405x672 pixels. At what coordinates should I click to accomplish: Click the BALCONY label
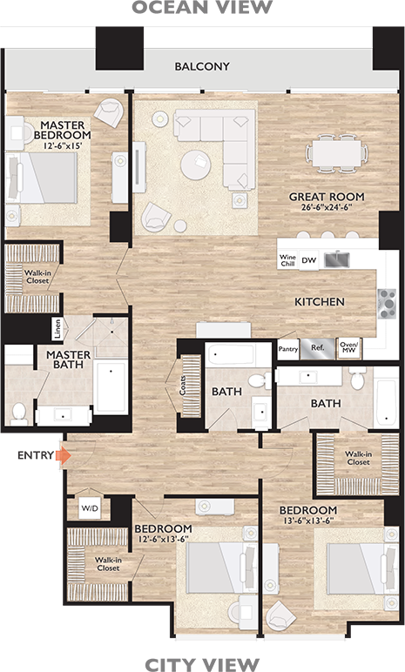[202, 66]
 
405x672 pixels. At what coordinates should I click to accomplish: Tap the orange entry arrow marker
[60, 454]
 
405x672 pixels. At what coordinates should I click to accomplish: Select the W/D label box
[90, 508]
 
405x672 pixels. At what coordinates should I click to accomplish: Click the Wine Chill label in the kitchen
[287, 260]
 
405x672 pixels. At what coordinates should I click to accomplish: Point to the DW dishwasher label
[308, 259]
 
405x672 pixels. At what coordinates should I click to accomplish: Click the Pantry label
[288, 348]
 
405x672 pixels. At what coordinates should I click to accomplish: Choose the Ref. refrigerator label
[317, 347]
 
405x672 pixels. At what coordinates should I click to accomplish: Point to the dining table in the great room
[335, 153]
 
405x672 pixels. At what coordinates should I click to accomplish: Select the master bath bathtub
[111, 387]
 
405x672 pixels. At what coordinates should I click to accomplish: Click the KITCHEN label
[320, 302]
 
